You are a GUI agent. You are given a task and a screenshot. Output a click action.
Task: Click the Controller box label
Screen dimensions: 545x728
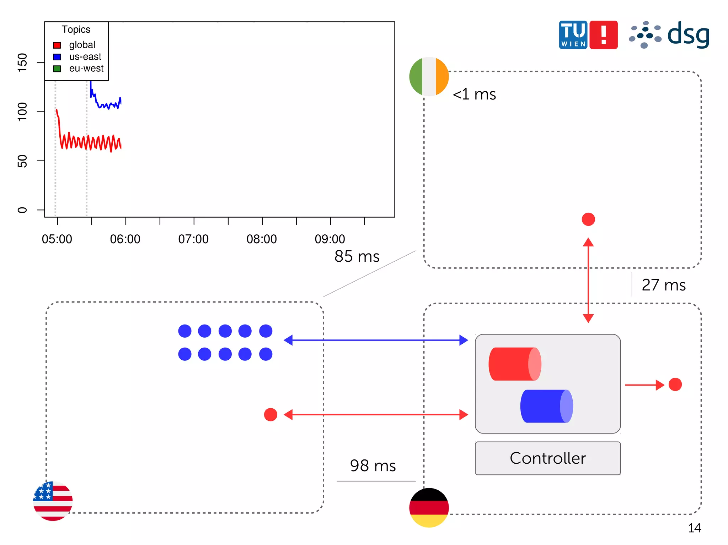(547, 458)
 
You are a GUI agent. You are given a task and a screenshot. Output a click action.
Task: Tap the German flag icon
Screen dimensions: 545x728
(429, 507)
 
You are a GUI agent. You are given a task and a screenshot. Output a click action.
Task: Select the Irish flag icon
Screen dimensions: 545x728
(429, 76)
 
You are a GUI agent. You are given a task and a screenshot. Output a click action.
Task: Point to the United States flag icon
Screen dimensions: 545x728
(53, 501)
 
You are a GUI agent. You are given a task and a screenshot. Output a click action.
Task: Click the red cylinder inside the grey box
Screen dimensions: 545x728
(514, 364)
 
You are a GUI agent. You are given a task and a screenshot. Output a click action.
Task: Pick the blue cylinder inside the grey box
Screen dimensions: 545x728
(546, 406)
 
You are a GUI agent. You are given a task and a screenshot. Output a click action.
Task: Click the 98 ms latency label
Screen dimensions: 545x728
(373, 465)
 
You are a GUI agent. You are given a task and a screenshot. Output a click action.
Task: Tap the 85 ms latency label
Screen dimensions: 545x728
(357, 256)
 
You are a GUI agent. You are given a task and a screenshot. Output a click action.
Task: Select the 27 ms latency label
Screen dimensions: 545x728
(663, 285)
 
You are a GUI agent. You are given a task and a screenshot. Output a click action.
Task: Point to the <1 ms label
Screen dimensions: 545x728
(474, 94)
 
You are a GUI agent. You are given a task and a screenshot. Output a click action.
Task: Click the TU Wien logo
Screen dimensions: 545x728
(588, 35)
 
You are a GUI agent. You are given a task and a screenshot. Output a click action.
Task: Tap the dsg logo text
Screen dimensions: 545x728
(688, 35)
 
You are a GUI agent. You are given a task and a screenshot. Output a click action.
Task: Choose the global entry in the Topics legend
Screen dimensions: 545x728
(82, 45)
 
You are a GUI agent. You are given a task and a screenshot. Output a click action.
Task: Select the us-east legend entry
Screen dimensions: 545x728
(85, 56)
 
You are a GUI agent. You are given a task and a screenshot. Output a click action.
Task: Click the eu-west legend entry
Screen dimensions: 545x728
(86, 68)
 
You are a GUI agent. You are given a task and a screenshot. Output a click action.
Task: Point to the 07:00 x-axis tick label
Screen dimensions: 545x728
(193, 239)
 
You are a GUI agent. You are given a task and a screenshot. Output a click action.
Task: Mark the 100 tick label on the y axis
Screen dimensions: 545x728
(22, 111)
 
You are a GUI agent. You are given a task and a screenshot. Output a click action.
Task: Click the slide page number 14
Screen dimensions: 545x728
(694, 528)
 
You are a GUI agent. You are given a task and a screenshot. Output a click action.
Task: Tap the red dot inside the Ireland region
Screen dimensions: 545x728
(588, 219)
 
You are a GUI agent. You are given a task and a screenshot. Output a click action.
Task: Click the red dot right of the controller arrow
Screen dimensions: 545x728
(675, 384)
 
